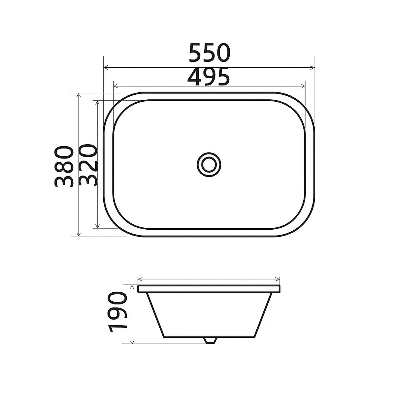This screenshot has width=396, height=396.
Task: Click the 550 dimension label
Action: pyautogui.click(x=210, y=53)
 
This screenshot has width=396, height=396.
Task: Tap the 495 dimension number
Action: pyautogui.click(x=208, y=77)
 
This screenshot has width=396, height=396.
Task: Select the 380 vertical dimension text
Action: pyautogui.click(x=63, y=166)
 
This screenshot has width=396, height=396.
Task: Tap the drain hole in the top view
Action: pyautogui.click(x=209, y=164)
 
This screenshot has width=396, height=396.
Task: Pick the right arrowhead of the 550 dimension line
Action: pyautogui.click(x=312, y=67)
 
